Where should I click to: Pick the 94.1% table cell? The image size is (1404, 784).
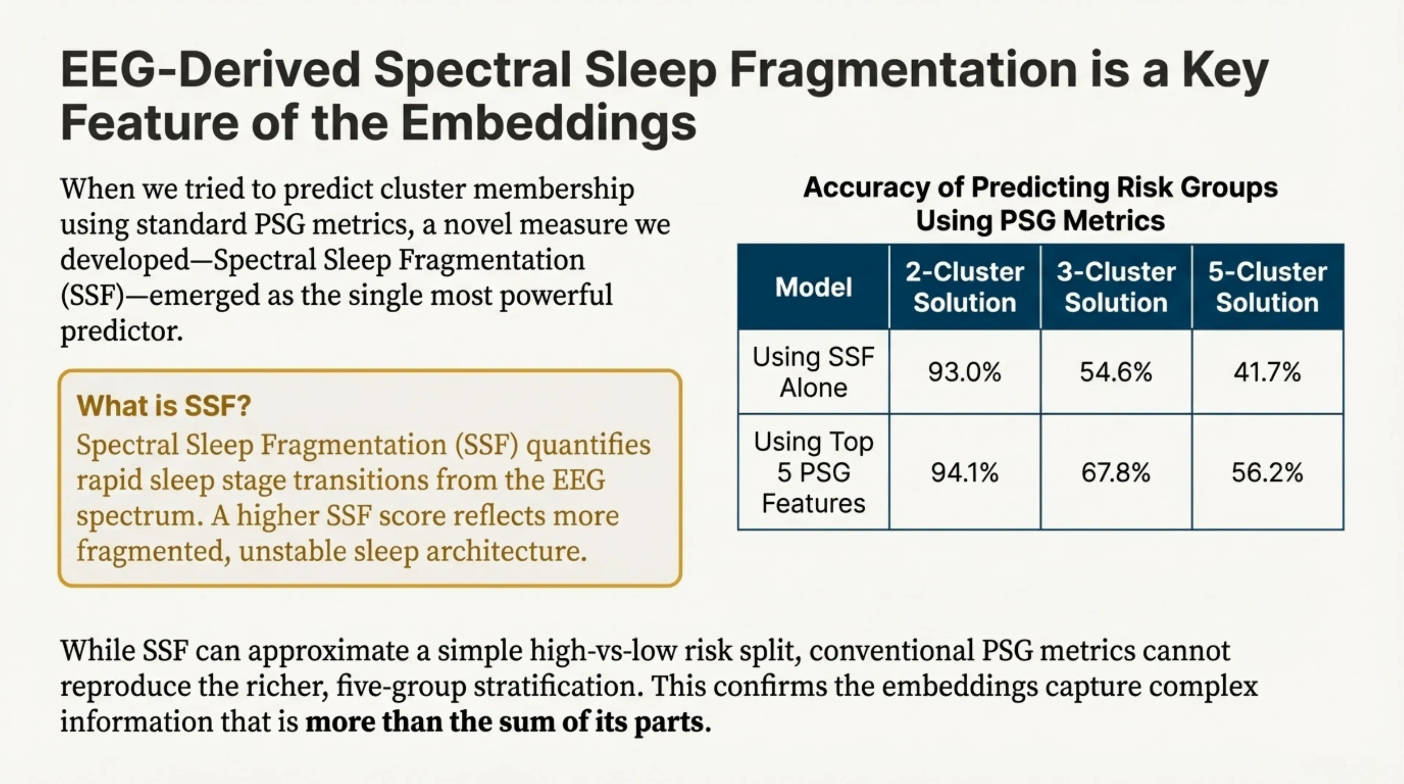[964, 472]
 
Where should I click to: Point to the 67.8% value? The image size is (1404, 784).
[1116, 472]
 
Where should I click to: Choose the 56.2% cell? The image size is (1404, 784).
[1267, 472]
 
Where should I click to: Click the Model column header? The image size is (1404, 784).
[813, 287]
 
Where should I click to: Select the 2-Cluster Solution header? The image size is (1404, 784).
[964, 287]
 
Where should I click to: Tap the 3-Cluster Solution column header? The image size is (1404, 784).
[1116, 287]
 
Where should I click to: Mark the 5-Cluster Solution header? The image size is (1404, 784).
[1267, 287]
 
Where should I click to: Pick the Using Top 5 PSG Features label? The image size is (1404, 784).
[813, 472]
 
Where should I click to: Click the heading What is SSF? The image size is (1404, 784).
[163, 406]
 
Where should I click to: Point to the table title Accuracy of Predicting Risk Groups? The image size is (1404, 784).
[1040, 187]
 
